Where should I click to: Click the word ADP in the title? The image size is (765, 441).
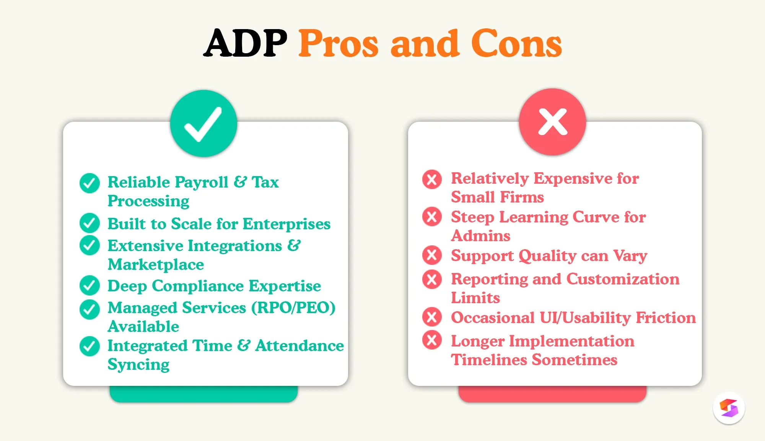click(x=246, y=43)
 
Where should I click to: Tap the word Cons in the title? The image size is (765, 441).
click(x=516, y=43)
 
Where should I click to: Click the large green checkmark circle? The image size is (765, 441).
click(x=203, y=123)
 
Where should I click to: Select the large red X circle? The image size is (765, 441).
click(x=552, y=122)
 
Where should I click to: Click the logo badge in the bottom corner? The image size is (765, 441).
click(x=729, y=408)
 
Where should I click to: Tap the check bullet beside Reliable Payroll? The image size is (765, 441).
click(x=90, y=183)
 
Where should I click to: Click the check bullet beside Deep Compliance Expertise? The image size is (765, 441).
click(x=90, y=285)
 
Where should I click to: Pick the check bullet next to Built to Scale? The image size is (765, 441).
click(x=90, y=223)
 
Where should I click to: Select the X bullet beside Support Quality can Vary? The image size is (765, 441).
click(x=432, y=255)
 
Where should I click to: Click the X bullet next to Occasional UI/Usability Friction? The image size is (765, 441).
click(x=432, y=317)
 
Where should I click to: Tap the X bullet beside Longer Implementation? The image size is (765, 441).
click(x=432, y=340)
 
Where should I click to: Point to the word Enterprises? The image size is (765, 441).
click(x=286, y=224)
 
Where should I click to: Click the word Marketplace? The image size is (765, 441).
click(x=156, y=265)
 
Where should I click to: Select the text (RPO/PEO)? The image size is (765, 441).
click(x=293, y=308)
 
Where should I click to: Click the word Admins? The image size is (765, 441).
click(x=481, y=236)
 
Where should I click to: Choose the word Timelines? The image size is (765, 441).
click(x=490, y=360)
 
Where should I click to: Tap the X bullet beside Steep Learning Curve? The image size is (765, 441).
click(x=432, y=216)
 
